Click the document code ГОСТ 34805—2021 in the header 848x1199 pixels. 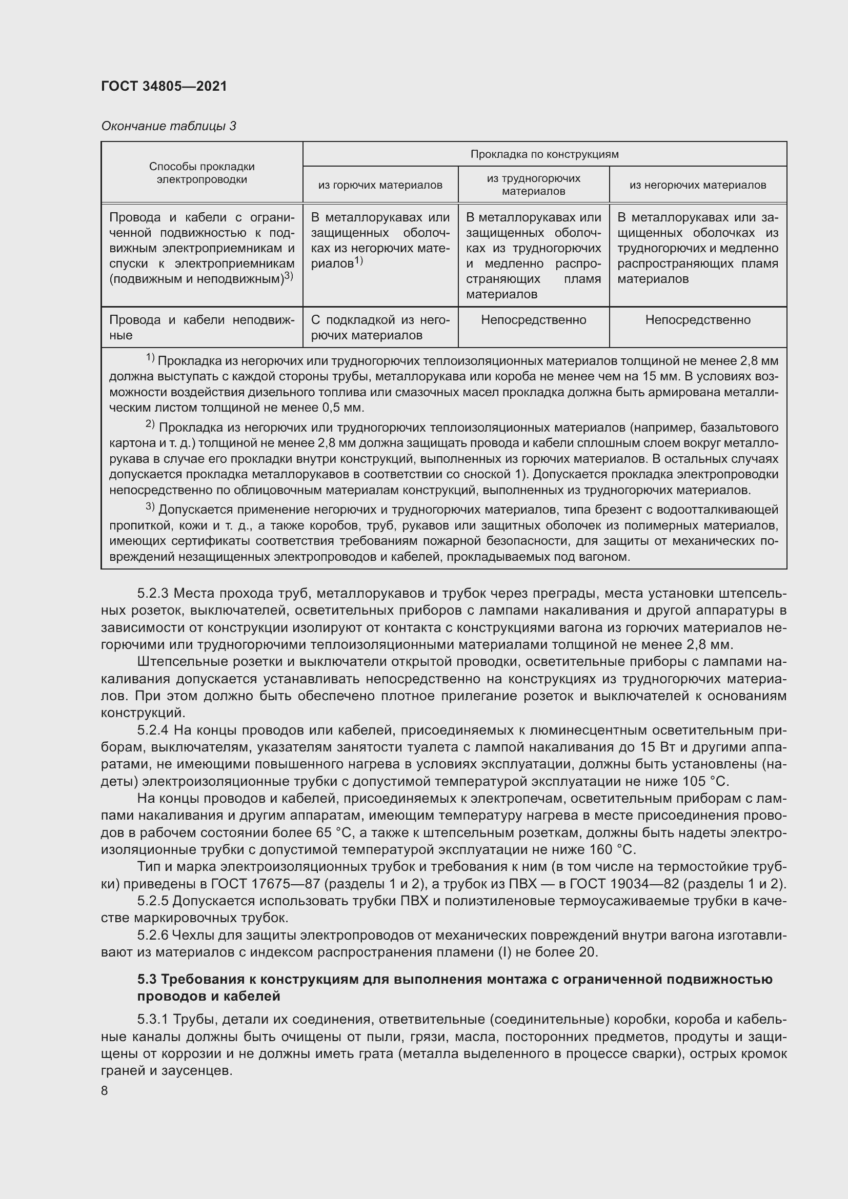(164, 86)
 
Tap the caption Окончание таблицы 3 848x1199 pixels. (168, 126)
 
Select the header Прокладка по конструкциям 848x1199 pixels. (544, 154)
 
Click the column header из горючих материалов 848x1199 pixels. (380, 185)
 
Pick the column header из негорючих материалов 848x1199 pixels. (698, 185)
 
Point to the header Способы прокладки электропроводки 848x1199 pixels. (201, 173)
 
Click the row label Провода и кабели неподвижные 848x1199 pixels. (201, 328)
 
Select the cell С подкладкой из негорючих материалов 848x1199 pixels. (380, 328)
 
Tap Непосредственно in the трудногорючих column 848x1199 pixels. (533, 319)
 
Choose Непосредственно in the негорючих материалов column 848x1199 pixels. (698, 319)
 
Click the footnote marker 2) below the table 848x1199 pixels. (150, 424)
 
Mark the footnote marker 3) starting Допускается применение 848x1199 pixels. (150, 506)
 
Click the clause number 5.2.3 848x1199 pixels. (153, 593)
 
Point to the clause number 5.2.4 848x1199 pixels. (153, 730)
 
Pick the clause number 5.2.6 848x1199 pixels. (153, 936)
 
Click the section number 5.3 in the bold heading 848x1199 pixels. (148, 979)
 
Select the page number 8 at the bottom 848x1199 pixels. (105, 1091)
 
